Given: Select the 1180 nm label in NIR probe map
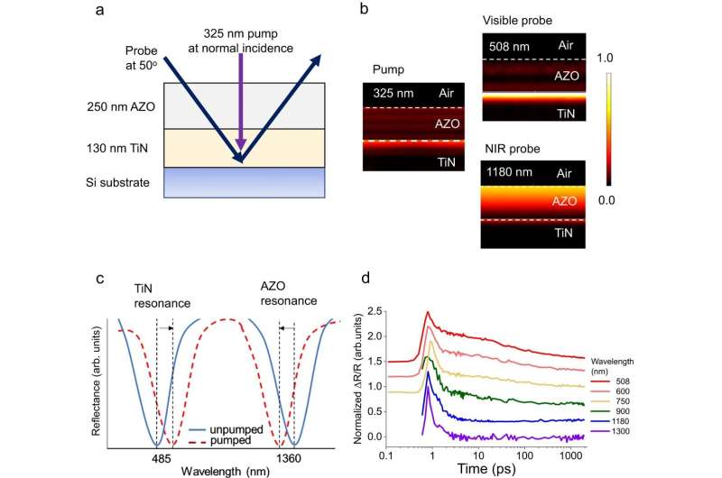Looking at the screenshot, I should coord(511,173).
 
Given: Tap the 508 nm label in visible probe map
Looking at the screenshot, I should coord(508,44).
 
